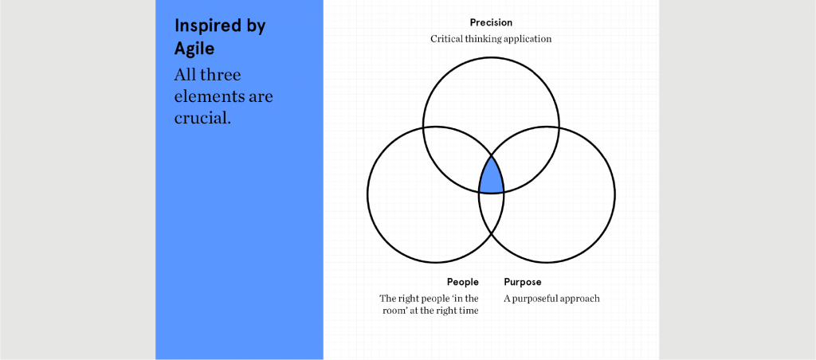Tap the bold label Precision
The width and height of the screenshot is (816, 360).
pyautogui.click(x=491, y=22)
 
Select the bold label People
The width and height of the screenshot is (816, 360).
pyautogui.click(x=463, y=282)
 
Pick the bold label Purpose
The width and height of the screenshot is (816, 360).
pyautogui.click(x=523, y=283)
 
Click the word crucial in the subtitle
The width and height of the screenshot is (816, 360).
pyautogui.click(x=202, y=118)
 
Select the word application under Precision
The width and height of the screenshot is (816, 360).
pyautogui.click(x=528, y=40)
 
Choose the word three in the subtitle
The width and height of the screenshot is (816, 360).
pyautogui.click(x=223, y=75)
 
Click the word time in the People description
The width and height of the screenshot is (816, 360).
pyautogui.click(x=469, y=311)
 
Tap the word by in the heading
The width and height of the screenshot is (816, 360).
pyautogui.click(x=254, y=27)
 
